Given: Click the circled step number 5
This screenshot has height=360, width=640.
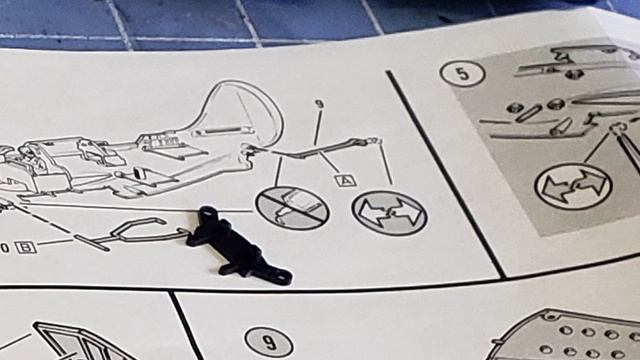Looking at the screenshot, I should pyautogui.click(x=462, y=73).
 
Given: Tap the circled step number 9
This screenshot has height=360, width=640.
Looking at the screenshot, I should pyautogui.click(x=268, y=343).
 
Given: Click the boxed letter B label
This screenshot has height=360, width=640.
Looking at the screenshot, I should pyautogui.click(x=22, y=247).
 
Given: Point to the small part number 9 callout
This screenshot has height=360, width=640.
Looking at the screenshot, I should pyautogui.click(x=318, y=104).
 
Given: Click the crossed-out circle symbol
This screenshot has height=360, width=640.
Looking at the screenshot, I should pyautogui.click(x=291, y=209).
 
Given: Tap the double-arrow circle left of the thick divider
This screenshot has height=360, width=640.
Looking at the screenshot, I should pyautogui.click(x=389, y=212).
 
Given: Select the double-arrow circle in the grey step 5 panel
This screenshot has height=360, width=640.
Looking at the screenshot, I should pyautogui.click(x=573, y=187).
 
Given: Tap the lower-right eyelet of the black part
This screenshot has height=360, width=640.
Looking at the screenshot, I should pyautogui.click(x=283, y=275).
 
